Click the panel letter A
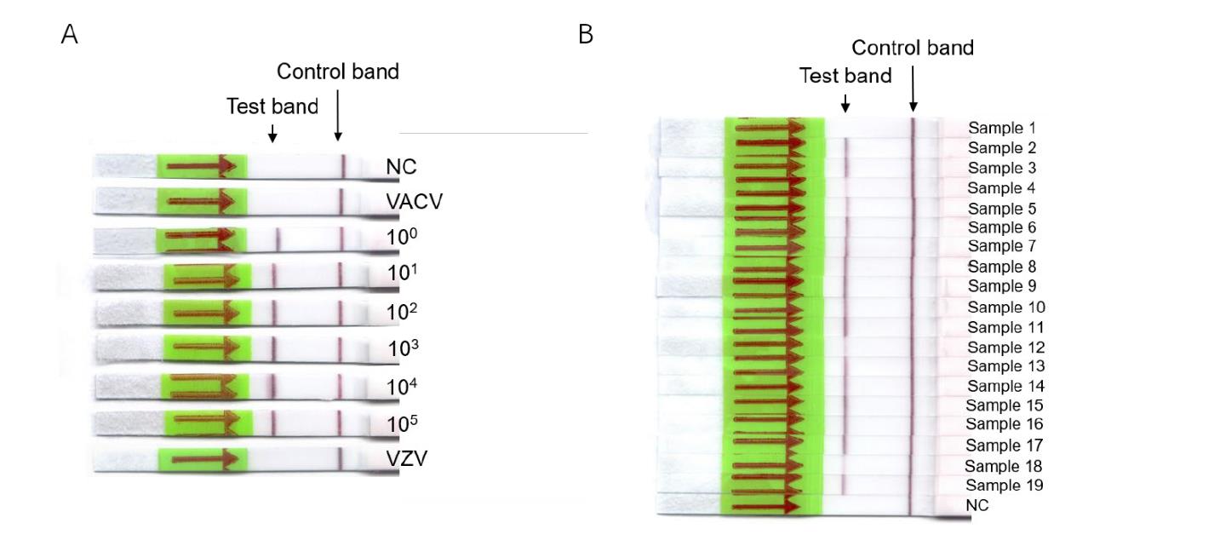[x=70, y=35]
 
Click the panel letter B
[x=586, y=35]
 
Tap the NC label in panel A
[x=401, y=166]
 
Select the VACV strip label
[x=415, y=203]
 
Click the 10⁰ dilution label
[x=400, y=239]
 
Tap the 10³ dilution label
[x=403, y=348]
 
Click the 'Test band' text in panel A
[x=272, y=106]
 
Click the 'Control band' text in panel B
[x=912, y=48]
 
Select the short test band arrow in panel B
[x=845, y=103]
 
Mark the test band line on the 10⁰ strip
[x=278, y=239]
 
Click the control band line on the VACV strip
[x=341, y=201]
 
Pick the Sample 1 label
[x=995, y=129]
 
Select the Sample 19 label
[x=995, y=486]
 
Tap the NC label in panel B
[x=977, y=505]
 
